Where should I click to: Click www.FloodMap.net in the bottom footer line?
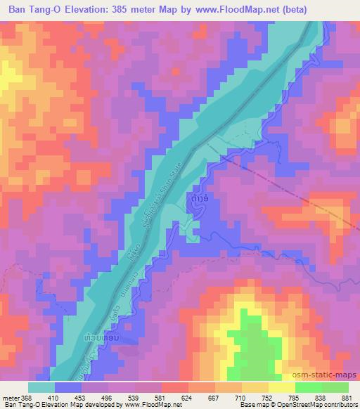(x=150, y=405)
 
